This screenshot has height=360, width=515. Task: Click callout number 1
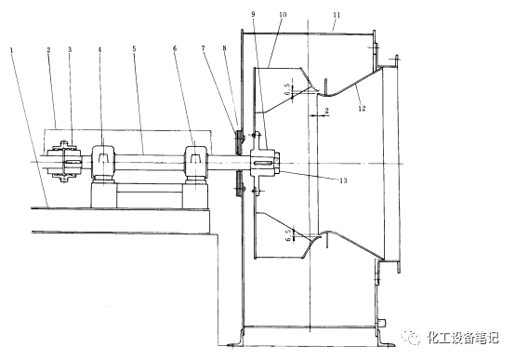pyautogui.click(x=12, y=50)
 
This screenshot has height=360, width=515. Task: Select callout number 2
pyautogui.click(x=49, y=50)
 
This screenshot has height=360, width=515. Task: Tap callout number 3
pyautogui.click(x=70, y=49)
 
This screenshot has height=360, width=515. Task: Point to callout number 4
pyautogui.click(x=100, y=49)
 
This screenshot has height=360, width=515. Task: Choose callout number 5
pyautogui.click(x=134, y=49)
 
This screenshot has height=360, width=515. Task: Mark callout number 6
pyautogui.click(x=175, y=48)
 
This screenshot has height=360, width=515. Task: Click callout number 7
pyautogui.click(x=204, y=48)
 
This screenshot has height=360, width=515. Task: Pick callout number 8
pyautogui.click(x=224, y=48)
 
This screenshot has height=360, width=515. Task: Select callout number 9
pyautogui.click(x=253, y=14)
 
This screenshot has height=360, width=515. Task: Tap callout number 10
pyautogui.click(x=283, y=15)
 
